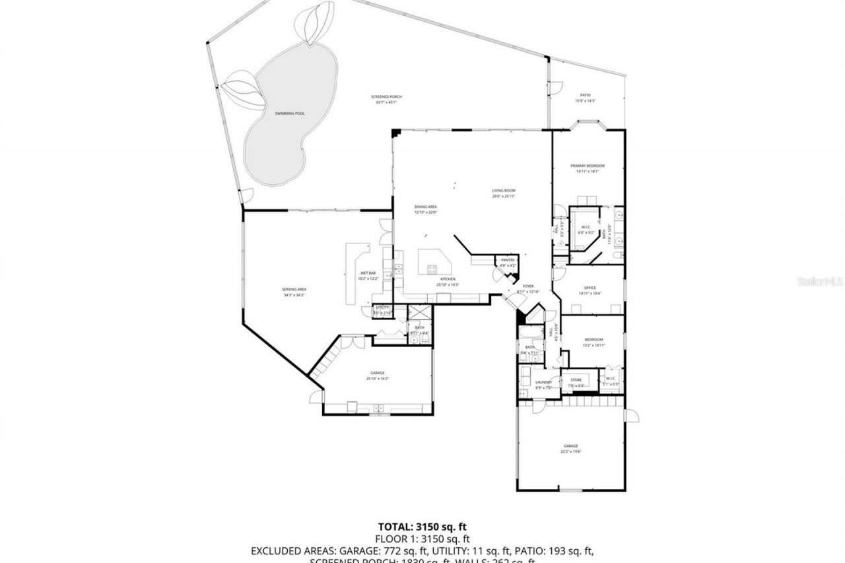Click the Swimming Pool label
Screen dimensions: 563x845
click(x=290, y=114)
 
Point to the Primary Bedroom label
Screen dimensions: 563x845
click(x=587, y=166)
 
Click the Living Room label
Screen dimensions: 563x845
click(x=504, y=191)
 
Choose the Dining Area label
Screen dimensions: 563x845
click(x=425, y=207)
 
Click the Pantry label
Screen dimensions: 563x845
click(x=508, y=260)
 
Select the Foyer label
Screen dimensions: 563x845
click(x=528, y=286)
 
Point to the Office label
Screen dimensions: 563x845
click(x=590, y=288)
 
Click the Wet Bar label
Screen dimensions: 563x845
click(x=368, y=273)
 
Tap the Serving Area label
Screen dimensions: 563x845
click(x=294, y=289)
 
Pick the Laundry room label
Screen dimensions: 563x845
click(x=543, y=382)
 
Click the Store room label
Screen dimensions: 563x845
click(x=576, y=380)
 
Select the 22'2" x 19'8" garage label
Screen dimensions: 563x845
click(x=570, y=446)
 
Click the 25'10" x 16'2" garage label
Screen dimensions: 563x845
click(x=378, y=373)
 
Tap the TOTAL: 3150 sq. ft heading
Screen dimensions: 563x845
click(x=422, y=527)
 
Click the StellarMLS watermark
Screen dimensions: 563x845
click(x=820, y=281)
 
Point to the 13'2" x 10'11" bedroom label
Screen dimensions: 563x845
click(x=593, y=340)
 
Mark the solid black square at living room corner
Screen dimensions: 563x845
click(x=396, y=133)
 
